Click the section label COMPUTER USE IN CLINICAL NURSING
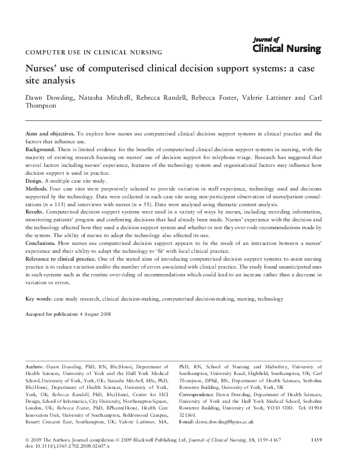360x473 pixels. coord(93,53)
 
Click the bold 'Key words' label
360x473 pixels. coord(38,299)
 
